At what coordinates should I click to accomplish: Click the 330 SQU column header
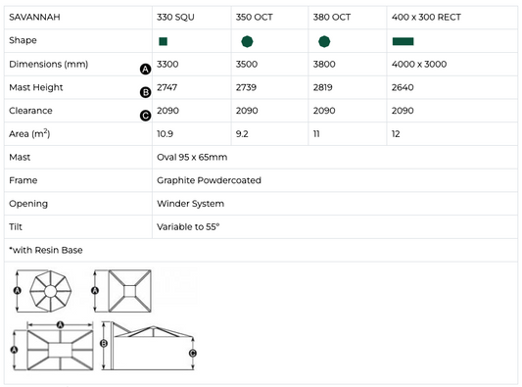pos(175,17)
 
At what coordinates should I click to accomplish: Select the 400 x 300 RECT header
pos(426,17)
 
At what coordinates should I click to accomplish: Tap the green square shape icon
pos(164,41)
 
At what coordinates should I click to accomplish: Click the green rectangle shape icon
pos(403,41)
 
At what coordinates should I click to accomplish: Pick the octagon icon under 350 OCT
pos(247,41)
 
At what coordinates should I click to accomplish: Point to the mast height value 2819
pos(322,87)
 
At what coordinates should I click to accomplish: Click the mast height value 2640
pos(403,87)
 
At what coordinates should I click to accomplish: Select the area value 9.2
pos(242,134)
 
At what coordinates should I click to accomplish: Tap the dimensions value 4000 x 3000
pos(419,64)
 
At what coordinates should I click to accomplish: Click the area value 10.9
pos(165,134)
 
